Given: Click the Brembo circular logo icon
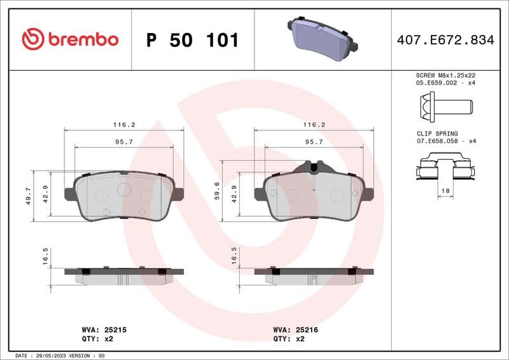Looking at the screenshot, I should coord(33,39).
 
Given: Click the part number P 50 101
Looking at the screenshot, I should coord(192,40).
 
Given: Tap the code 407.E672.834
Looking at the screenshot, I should coord(445,40).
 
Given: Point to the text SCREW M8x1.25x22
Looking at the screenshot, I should coord(445,75).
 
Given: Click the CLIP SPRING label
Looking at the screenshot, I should coord(437,134).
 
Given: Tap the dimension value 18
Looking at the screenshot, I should coord(445,191).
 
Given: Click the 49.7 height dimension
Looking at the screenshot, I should coord(27,196).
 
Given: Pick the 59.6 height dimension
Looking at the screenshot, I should coord(217,190).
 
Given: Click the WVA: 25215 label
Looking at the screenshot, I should coord(105,330).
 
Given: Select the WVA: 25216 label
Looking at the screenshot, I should coord(295,330).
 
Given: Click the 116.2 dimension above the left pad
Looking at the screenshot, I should coord(124,125).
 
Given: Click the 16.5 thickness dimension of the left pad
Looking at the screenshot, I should coord(45,256).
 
